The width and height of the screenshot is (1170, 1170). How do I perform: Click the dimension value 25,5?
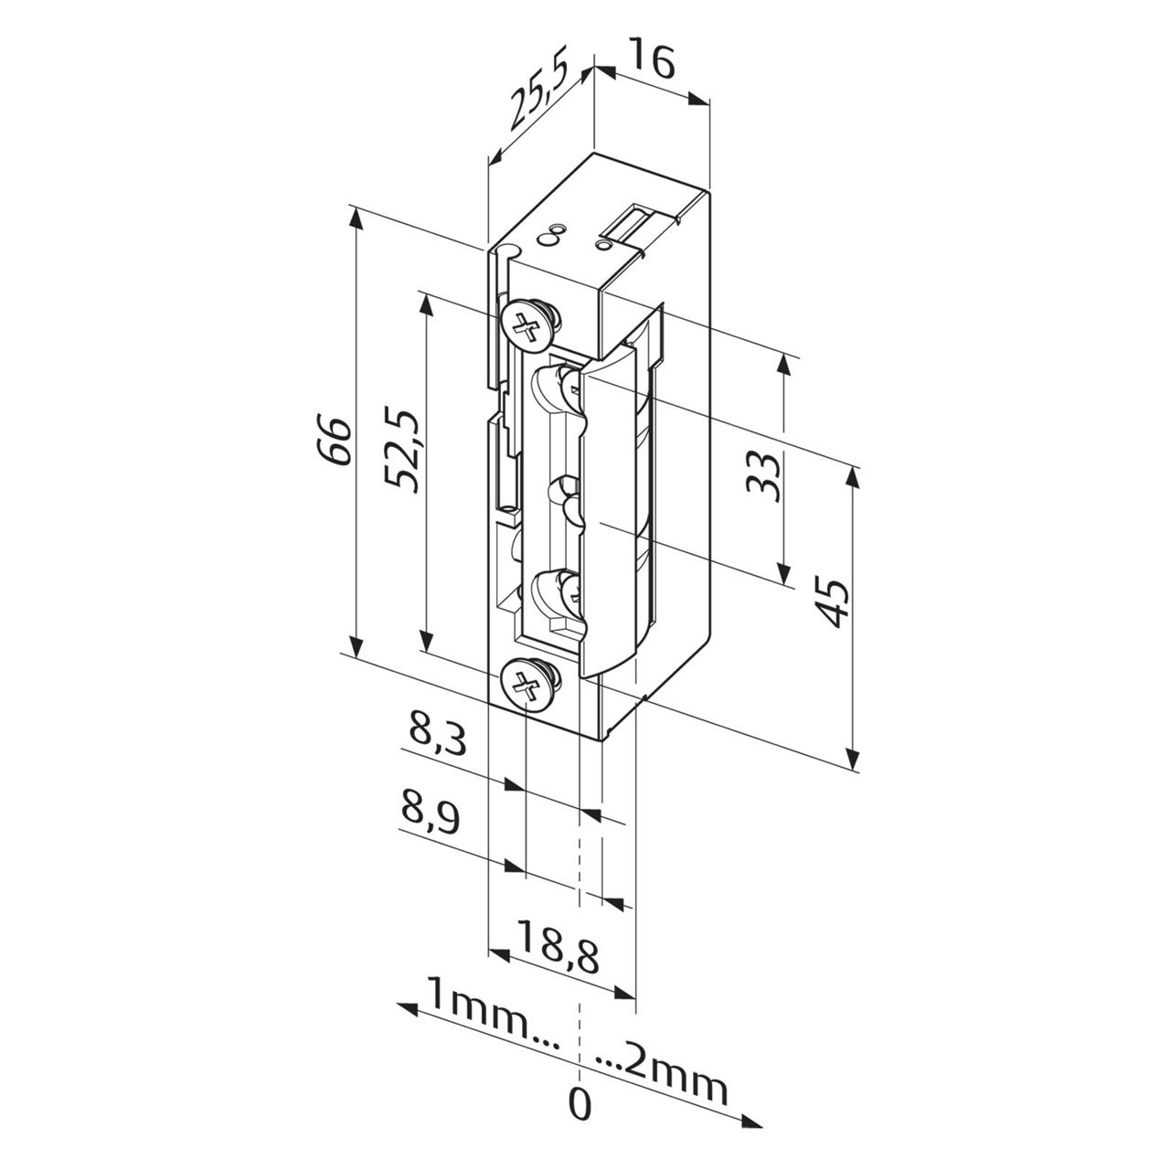point(539,94)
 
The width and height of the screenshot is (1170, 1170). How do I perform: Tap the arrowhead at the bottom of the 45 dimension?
point(852,760)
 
